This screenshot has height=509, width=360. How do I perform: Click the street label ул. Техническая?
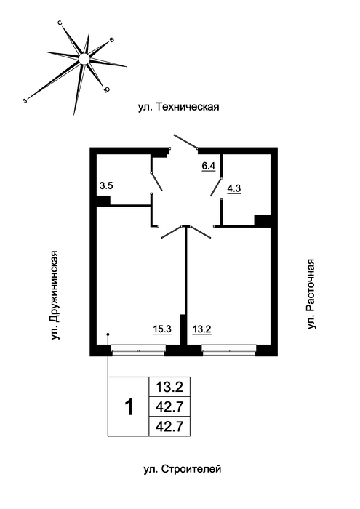[178, 107]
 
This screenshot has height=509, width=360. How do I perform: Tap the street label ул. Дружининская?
[56, 296]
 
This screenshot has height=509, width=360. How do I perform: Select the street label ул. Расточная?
[311, 294]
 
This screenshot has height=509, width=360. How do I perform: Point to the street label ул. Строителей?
[183, 469]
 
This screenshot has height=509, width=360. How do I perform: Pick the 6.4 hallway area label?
[209, 166]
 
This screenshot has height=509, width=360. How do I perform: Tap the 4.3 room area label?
[233, 188]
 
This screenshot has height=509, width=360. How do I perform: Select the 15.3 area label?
[162, 329]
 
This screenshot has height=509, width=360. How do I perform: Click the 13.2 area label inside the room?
[202, 329]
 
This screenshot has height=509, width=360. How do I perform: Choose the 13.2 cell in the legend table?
[169, 387]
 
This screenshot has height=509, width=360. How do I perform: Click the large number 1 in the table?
[129, 407]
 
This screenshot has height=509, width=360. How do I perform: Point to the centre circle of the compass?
[84, 59]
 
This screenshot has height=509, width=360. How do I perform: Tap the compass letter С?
[60, 23]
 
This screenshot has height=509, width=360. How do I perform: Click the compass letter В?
[111, 40]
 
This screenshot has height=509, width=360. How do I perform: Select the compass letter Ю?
[106, 89]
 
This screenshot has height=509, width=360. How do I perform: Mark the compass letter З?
[25, 100]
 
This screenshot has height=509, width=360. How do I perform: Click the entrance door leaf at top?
[185, 142]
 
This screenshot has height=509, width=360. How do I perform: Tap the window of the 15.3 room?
[139, 350]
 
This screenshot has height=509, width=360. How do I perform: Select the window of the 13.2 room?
[229, 350]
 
